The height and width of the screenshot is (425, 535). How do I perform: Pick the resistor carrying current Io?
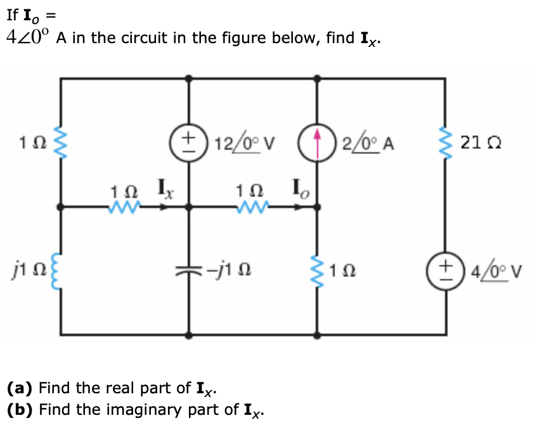(248, 207)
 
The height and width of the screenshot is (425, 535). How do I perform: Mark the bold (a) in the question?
(20, 388)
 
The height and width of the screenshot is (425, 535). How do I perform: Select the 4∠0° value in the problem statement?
(28, 37)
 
